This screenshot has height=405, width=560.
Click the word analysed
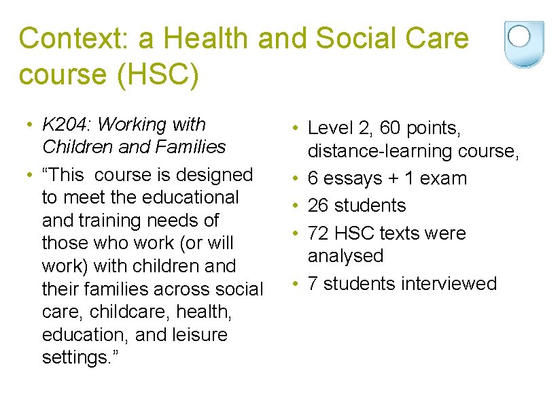tap(345, 256)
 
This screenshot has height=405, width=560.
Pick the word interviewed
tap(449, 283)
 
